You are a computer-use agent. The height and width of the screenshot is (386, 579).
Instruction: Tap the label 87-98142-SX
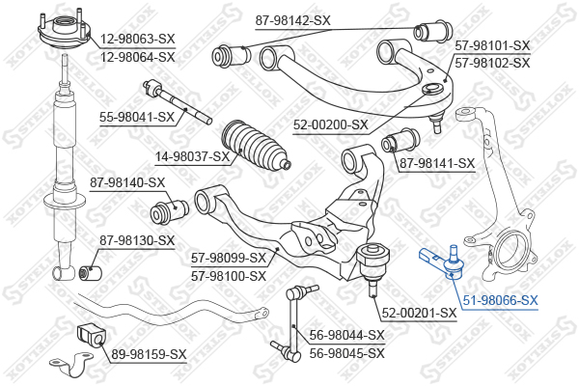[292, 19]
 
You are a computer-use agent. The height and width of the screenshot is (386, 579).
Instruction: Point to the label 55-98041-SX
[136, 117]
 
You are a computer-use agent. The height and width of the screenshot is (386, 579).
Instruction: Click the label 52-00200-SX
[331, 124]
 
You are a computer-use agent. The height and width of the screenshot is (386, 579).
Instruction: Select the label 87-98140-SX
[127, 182]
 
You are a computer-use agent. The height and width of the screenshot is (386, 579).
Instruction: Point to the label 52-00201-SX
[418, 313]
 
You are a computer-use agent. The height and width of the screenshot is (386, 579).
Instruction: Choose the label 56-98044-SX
[346, 335]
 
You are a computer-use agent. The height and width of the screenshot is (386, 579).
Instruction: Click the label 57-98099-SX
[229, 259]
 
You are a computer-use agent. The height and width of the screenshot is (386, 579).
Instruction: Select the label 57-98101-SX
[492, 45]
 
